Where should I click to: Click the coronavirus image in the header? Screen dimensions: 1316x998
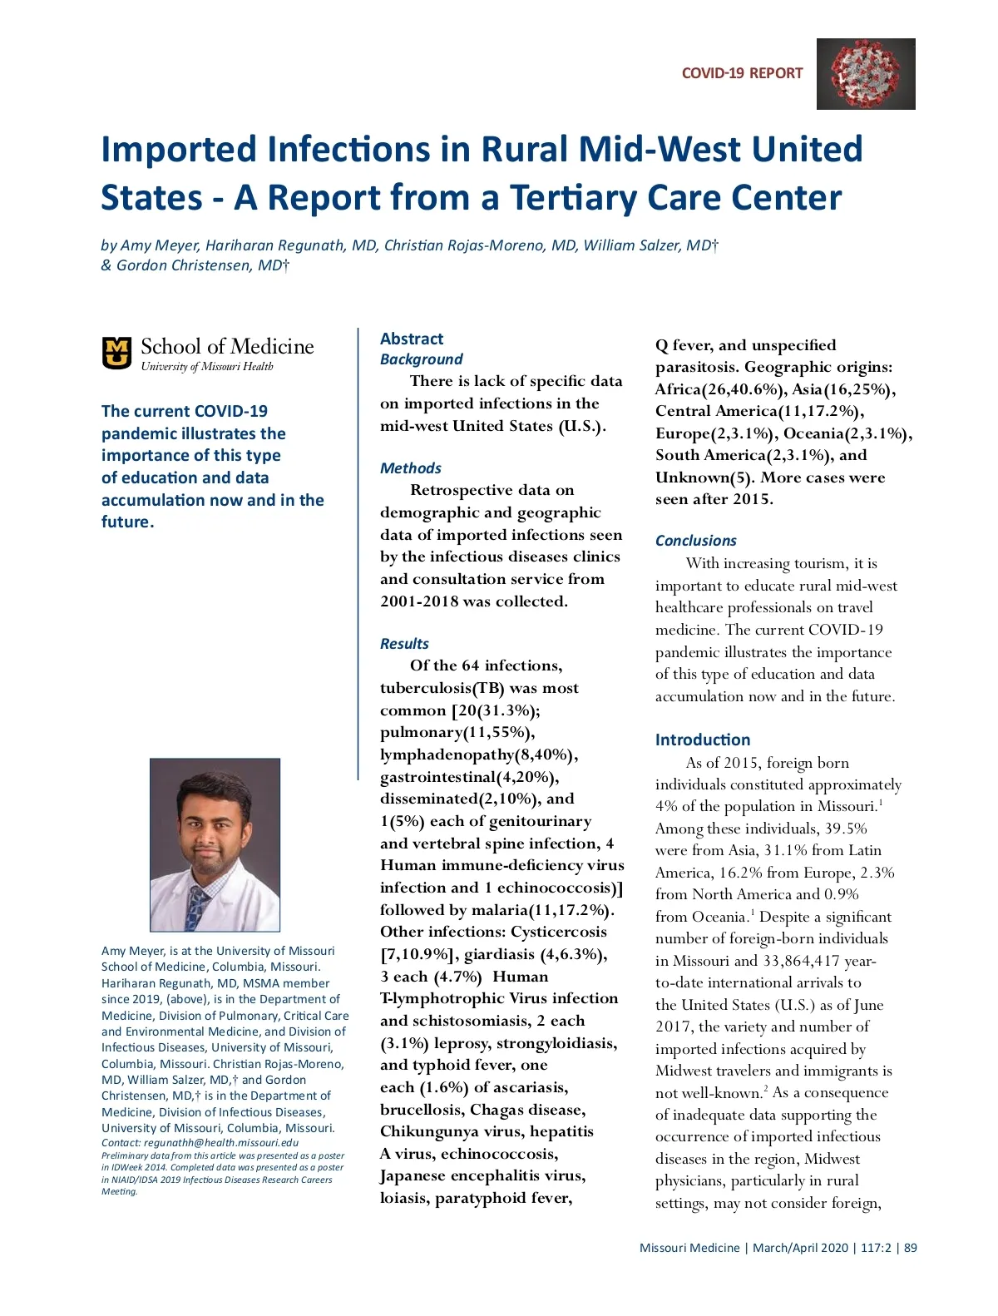pyautogui.click(x=866, y=74)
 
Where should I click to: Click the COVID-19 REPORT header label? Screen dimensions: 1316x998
pyautogui.click(x=742, y=73)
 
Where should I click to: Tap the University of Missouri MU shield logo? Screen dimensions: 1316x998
pyautogui.click(x=116, y=352)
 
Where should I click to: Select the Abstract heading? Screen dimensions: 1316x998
pyautogui.click(x=412, y=339)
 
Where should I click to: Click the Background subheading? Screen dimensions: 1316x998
pyautogui.click(x=421, y=359)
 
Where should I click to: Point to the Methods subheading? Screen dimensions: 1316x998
pyautogui.click(x=411, y=468)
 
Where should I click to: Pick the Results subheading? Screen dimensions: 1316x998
pyautogui.click(x=404, y=644)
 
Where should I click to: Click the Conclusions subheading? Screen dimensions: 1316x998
pyautogui.click(x=695, y=541)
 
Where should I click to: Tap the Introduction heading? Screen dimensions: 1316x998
pyautogui.click(x=702, y=740)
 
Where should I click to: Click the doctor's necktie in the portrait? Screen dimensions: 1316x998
pyautogui.click(x=197, y=907)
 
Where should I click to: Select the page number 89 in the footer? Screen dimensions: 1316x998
pyautogui.click(x=911, y=1248)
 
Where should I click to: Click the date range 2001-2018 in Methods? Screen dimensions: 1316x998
pyautogui.click(x=418, y=601)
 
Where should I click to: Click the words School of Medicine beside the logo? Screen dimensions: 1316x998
pyautogui.click(x=227, y=347)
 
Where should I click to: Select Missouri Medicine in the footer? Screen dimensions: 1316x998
pyautogui.click(x=689, y=1248)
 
